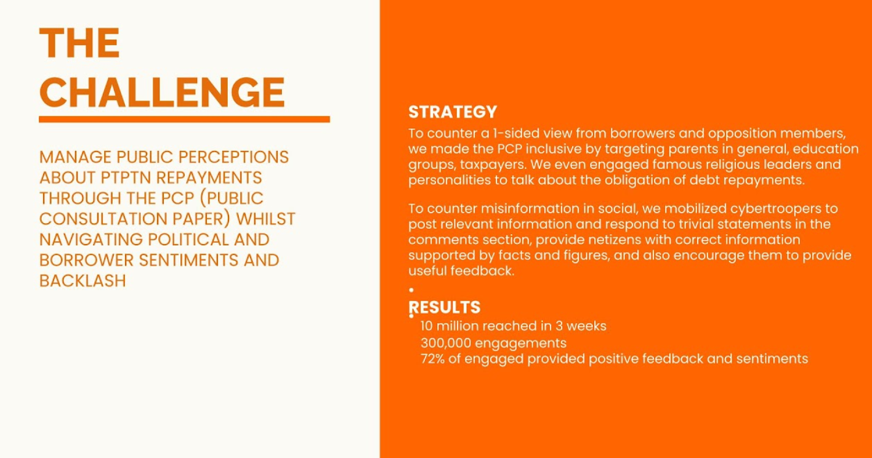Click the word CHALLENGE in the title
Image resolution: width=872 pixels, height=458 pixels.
(x=162, y=92)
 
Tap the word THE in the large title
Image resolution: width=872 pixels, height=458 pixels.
(x=79, y=43)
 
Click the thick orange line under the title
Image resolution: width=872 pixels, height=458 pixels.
(x=185, y=119)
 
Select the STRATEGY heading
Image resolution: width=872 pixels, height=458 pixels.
(x=453, y=112)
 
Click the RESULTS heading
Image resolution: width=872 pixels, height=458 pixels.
(x=445, y=307)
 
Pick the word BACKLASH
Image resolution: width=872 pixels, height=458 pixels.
(x=83, y=280)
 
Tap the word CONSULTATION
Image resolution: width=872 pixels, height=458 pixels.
(x=103, y=219)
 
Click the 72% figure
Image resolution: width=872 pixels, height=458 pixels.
(x=432, y=359)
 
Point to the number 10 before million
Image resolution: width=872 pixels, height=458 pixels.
(x=427, y=326)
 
